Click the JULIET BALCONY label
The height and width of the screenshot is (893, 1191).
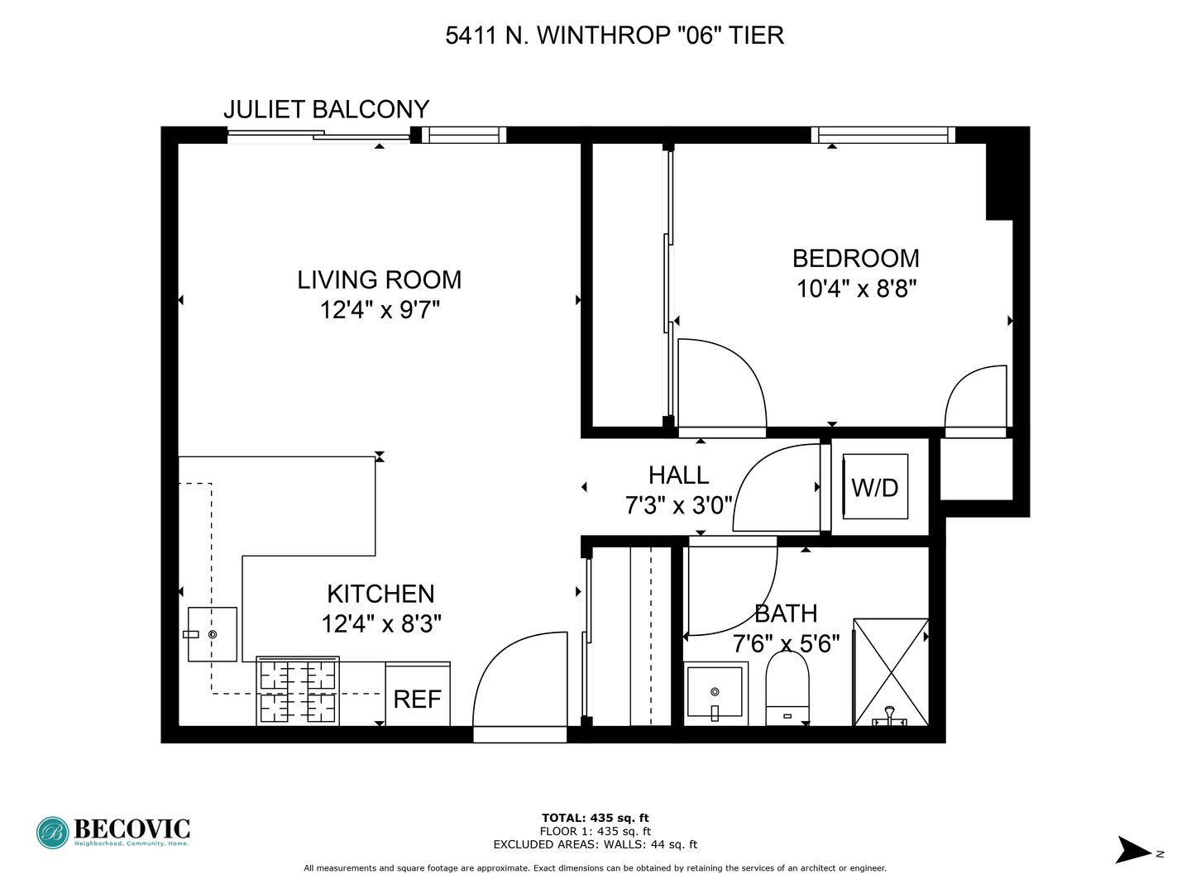pyautogui.click(x=326, y=109)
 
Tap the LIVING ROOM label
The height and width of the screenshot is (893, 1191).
pyautogui.click(x=380, y=279)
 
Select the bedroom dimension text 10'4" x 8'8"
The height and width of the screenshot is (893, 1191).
pyautogui.click(x=856, y=289)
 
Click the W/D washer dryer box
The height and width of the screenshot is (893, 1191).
pyautogui.click(x=875, y=486)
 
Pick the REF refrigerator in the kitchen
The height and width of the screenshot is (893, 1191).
pyautogui.click(x=417, y=694)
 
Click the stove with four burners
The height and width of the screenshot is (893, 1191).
pyautogui.click(x=298, y=690)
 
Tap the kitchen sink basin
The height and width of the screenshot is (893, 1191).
pyautogui.click(x=213, y=634)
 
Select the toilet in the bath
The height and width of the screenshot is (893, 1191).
pyautogui.click(x=787, y=688)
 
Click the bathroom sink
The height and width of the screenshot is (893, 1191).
pyautogui.click(x=715, y=693)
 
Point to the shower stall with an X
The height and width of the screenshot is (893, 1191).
pyautogui.click(x=891, y=671)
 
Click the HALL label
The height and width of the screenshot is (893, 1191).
pyautogui.click(x=678, y=475)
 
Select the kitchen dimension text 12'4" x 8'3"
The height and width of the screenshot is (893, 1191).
pyautogui.click(x=381, y=624)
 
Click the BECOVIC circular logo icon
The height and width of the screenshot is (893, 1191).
pyautogui.click(x=53, y=833)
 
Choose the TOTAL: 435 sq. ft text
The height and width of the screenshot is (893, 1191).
pyautogui.click(x=595, y=818)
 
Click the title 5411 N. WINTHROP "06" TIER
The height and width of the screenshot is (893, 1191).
pyautogui.click(x=615, y=36)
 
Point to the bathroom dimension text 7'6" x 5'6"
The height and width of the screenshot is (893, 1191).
pyautogui.click(x=787, y=644)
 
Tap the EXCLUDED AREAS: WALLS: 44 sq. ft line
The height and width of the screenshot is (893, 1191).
pyautogui.click(x=595, y=844)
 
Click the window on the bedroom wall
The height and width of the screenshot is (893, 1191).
pyautogui.click(x=882, y=135)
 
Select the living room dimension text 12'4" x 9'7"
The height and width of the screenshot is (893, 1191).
pyautogui.click(x=380, y=311)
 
